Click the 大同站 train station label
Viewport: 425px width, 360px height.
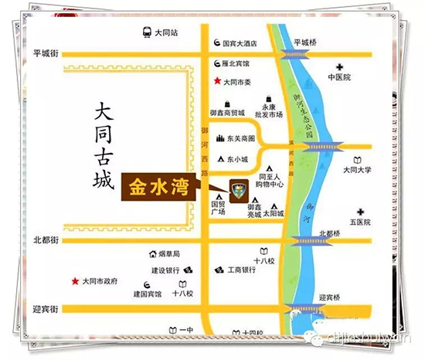click(x=166, y=32)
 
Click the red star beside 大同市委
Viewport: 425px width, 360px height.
click(x=217, y=81)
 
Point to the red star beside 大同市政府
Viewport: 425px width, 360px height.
click(x=75, y=280)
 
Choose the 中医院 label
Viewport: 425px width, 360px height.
click(x=339, y=78)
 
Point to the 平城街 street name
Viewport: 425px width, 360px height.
click(x=46, y=53)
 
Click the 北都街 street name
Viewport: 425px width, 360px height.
click(x=46, y=239)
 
